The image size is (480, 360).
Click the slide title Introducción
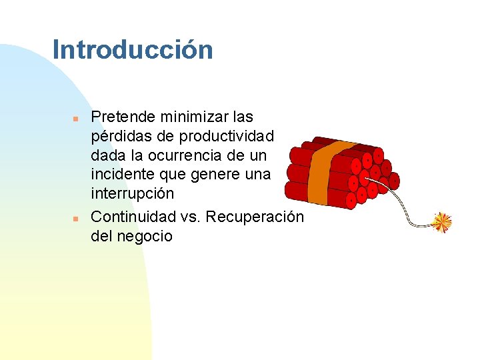[133, 50]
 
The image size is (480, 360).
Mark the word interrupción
[132, 194]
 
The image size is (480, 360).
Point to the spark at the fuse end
[441, 223]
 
